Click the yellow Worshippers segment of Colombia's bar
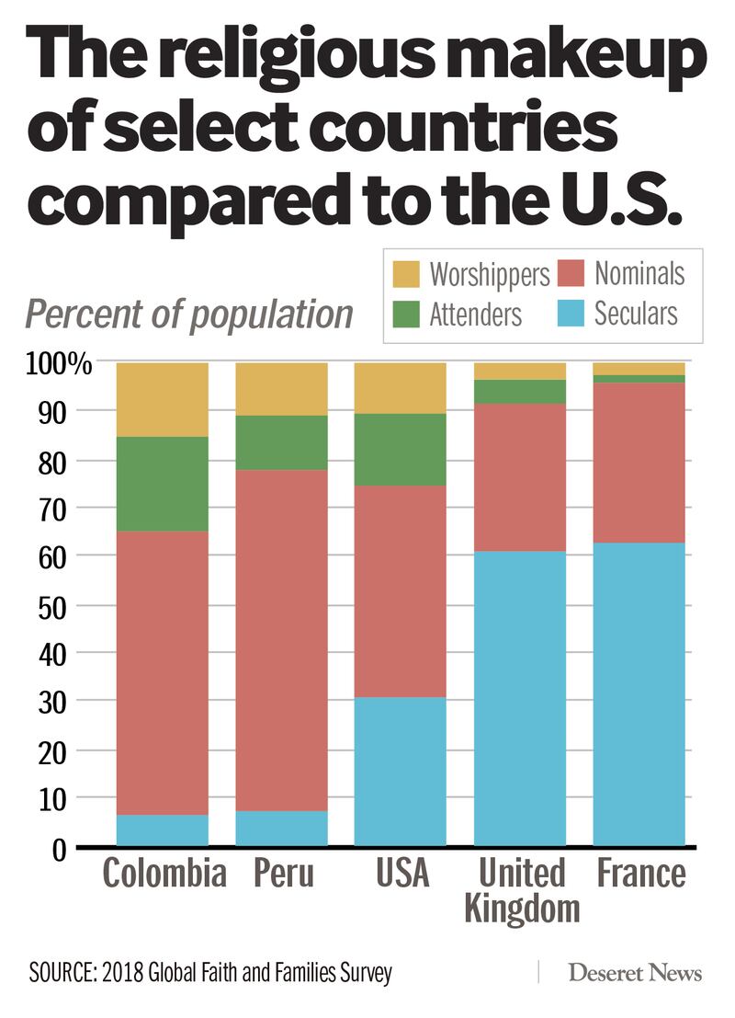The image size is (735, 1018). [x=162, y=399]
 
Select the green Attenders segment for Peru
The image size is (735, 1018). [x=281, y=442]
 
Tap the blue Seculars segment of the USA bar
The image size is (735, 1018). [x=401, y=771]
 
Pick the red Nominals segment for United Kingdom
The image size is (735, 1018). [x=520, y=477]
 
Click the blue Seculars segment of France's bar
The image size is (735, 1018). [x=639, y=693]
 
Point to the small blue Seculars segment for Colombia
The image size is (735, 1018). [x=162, y=829]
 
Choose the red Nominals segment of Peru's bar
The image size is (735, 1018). [x=281, y=640]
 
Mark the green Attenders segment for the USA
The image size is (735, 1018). [x=401, y=449]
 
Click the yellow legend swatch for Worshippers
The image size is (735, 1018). [x=406, y=274]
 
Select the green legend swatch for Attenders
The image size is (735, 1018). [x=406, y=315]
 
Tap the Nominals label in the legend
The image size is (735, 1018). [x=639, y=273]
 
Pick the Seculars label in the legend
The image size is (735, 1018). [x=636, y=314]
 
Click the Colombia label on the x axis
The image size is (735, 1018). [x=164, y=873]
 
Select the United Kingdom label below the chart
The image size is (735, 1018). [x=522, y=890]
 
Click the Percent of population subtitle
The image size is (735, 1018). [x=188, y=314]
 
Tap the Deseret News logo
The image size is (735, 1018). [x=635, y=973]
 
